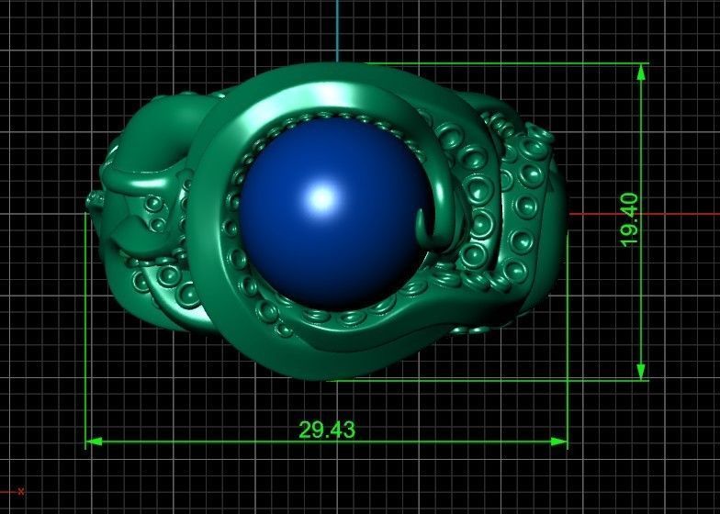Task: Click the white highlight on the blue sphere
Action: (x=321, y=196)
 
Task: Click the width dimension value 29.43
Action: (x=326, y=430)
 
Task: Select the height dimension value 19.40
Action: (x=629, y=219)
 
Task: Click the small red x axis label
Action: (x=20, y=491)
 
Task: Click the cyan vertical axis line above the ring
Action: (x=337, y=28)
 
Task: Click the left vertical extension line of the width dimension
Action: (x=86, y=367)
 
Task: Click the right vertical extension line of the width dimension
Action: (x=568, y=367)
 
